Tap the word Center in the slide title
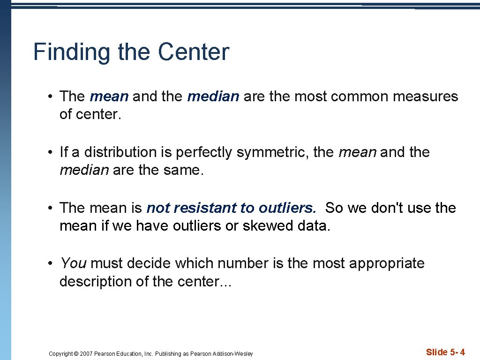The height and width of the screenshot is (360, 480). tap(194, 52)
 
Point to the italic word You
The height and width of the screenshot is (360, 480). tap(73, 263)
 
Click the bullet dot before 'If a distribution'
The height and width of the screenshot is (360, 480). tap(49, 152)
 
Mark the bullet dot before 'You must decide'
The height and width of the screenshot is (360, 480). tap(49, 263)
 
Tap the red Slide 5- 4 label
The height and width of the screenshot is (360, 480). tap(445, 352)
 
